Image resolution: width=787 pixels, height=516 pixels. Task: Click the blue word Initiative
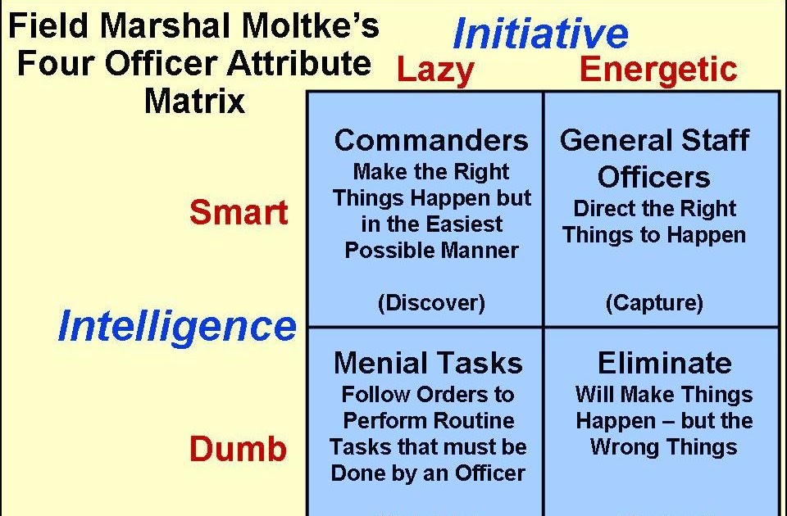pos(540,34)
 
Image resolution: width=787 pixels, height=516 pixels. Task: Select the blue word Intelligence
pos(176,327)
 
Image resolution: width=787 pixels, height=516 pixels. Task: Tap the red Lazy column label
pos(434,71)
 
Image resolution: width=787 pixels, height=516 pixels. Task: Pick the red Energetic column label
pos(658,71)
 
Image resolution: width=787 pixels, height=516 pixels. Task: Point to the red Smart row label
pos(239,213)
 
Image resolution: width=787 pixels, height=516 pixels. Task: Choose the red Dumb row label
pos(239,449)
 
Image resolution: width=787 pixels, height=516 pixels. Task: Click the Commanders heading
pos(430,140)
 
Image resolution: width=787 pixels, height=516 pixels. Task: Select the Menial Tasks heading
pos(428,362)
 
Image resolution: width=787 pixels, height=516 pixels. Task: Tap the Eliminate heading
pos(664,362)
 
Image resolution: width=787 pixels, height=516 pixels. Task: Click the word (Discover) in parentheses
pos(431,303)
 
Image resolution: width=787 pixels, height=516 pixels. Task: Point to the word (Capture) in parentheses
pos(654,303)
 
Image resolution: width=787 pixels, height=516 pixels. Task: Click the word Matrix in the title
pos(194,102)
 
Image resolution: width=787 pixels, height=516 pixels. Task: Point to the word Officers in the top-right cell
pos(653,177)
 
